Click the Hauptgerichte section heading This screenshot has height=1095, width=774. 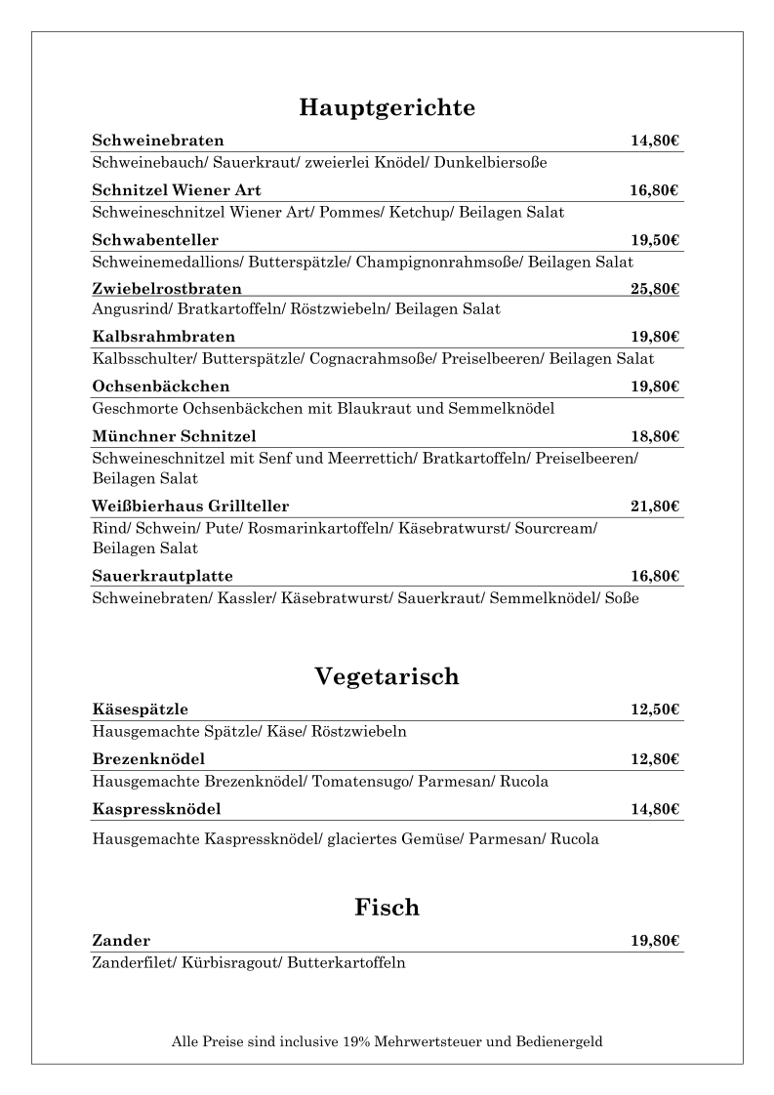[x=387, y=107]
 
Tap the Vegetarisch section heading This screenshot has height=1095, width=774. [x=387, y=676]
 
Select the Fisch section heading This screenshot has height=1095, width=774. [x=387, y=908]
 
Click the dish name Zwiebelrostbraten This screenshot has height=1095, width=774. [x=167, y=289]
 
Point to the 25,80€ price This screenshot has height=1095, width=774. [x=654, y=289]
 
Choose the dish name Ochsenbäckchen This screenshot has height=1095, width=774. [x=161, y=386]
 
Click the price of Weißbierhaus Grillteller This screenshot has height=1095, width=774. [x=654, y=506]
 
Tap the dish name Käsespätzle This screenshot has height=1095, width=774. [x=140, y=710]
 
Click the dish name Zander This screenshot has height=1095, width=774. [x=121, y=941]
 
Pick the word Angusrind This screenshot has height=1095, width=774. [x=130, y=309]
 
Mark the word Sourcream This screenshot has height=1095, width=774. [x=554, y=528]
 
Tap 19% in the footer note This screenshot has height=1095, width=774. [x=357, y=1041]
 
